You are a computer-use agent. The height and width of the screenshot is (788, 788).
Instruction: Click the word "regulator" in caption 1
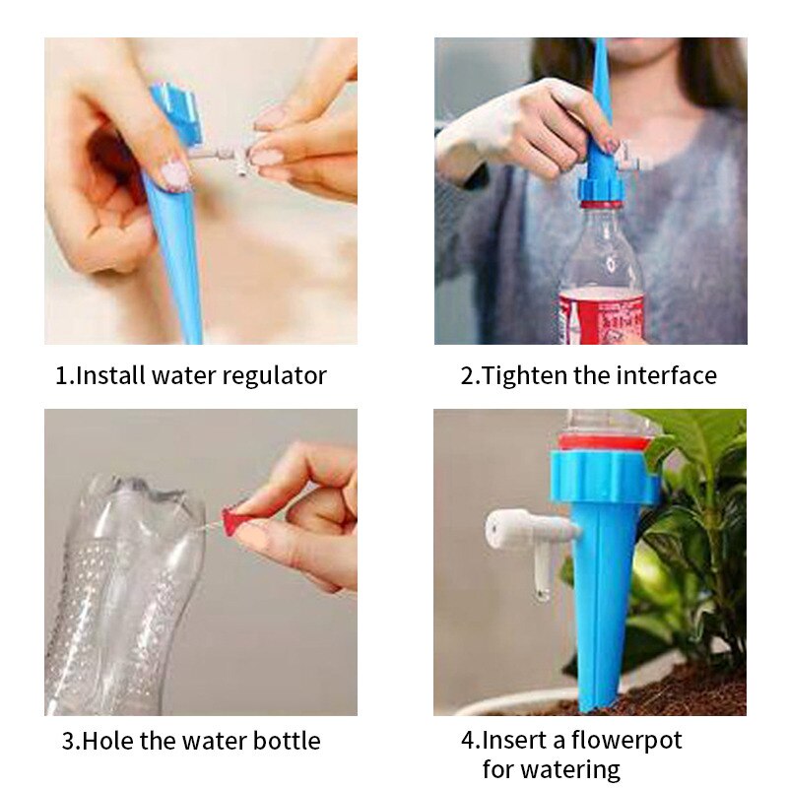point(275,376)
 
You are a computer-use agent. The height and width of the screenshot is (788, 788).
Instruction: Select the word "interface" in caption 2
point(667,376)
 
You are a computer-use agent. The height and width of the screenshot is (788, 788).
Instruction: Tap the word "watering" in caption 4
point(575,769)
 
